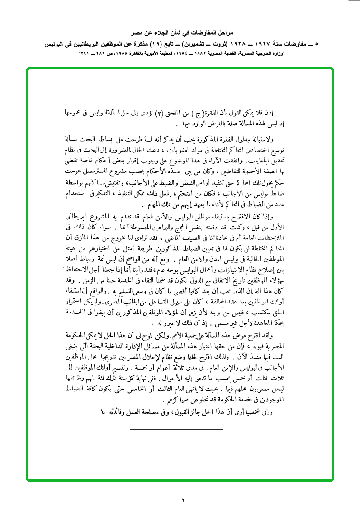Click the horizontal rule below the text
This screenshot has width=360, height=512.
pyautogui.click(x=176, y=429)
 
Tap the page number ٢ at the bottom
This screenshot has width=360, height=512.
pyautogui.click(x=183, y=500)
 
